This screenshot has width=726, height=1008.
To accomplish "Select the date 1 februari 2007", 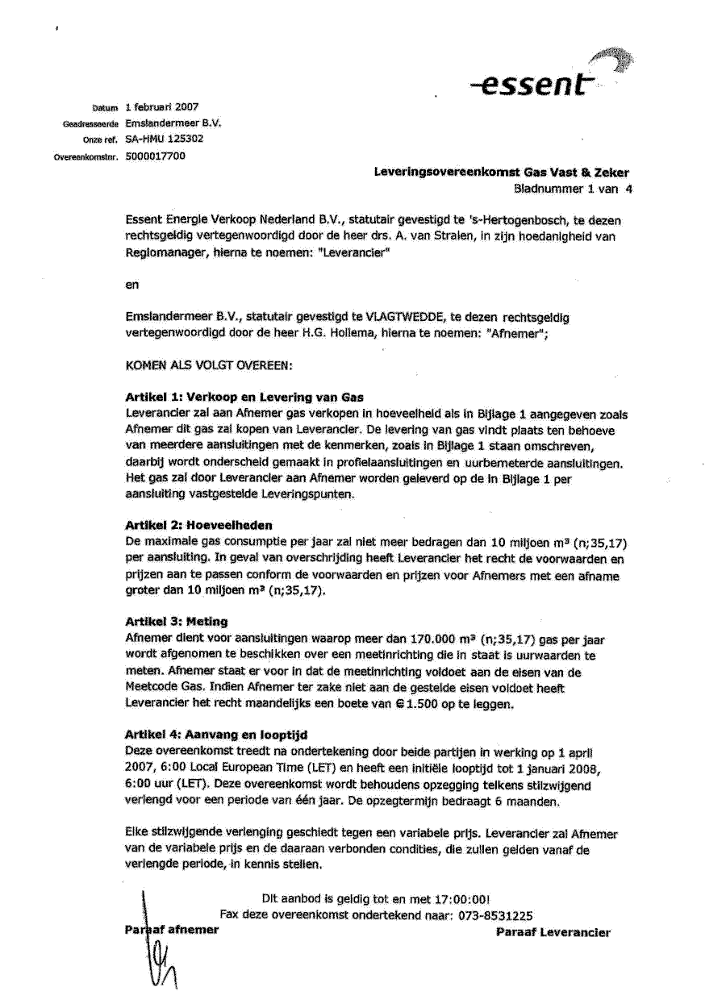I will point(162,106).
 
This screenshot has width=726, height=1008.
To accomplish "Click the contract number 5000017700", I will point(156,156).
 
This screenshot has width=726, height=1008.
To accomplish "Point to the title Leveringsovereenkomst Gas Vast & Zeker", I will point(502,173).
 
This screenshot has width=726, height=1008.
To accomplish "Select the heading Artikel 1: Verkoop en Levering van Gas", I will point(244,398).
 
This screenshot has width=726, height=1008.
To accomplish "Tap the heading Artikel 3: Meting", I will point(177,622).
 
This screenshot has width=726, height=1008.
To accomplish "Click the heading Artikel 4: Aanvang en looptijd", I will point(216,735).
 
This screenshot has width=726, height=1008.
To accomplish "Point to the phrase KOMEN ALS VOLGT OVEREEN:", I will point(209,365).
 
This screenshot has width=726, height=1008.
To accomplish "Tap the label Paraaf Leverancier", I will point(553,933).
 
